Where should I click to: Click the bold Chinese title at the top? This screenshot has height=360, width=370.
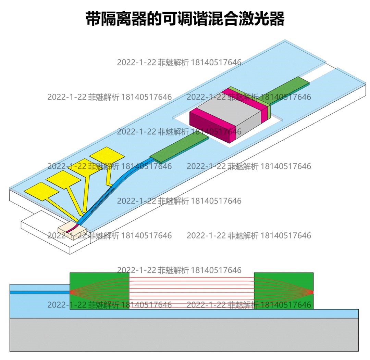[x=185, y=19]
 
